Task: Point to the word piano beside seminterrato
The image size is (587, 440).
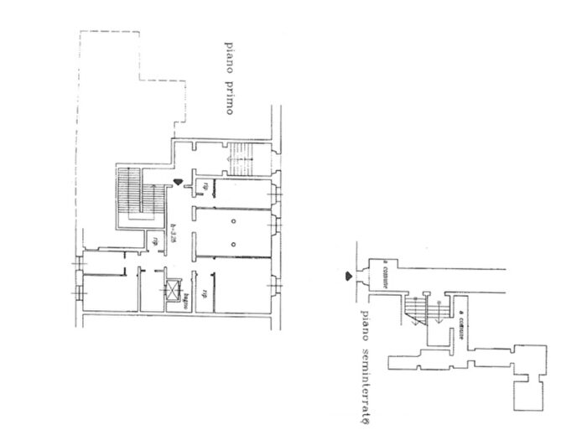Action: tap(366, 324)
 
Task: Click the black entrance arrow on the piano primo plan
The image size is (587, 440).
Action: tap(178, 183)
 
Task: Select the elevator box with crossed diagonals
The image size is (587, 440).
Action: tap(173, 291)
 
